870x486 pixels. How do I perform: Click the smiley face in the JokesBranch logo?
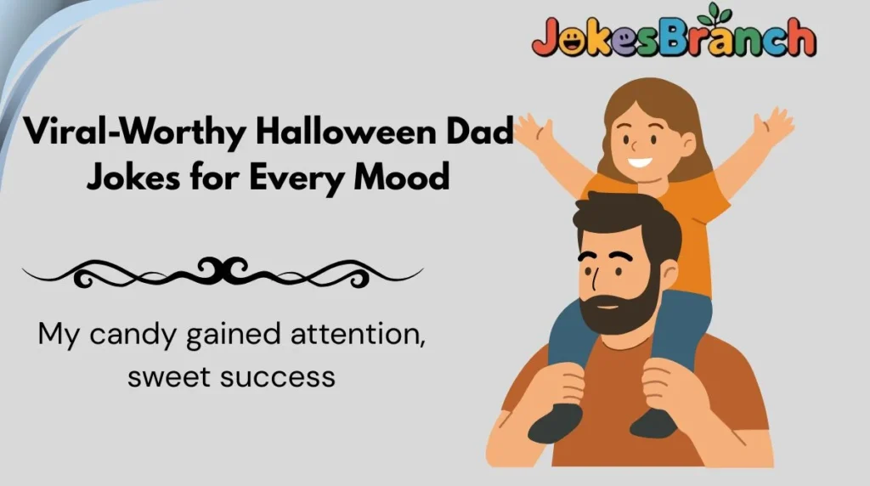568,39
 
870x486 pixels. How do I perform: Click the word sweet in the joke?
168,376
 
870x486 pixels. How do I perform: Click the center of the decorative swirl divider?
223,271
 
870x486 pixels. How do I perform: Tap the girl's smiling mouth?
641,161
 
